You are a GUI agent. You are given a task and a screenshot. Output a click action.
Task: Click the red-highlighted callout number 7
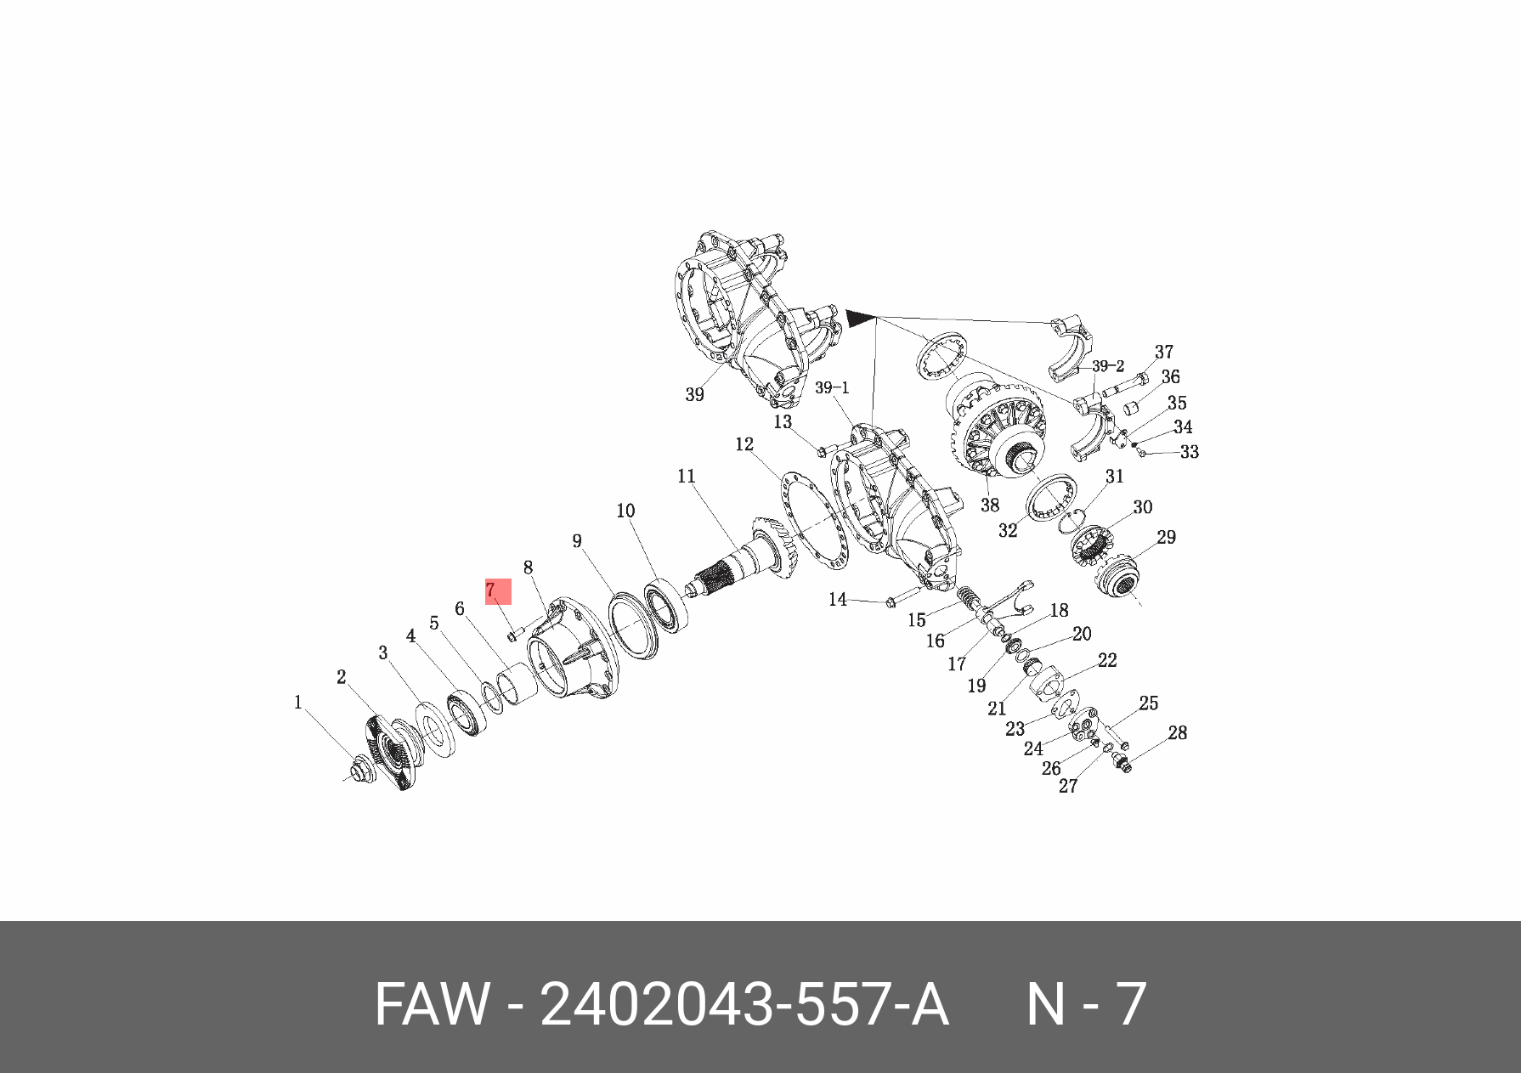click(x=498, y=591)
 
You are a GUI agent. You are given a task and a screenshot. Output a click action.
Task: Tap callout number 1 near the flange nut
click(x=298, y=703)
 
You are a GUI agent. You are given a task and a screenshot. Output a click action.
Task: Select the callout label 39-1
click(x=832, y=387)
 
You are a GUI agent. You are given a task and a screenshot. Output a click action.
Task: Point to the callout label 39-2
click(x=1107, y=366)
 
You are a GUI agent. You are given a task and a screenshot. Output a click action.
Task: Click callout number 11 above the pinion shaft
click(x=687, y=477)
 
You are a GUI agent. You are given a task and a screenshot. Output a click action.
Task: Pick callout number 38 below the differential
click(x=990, y=505)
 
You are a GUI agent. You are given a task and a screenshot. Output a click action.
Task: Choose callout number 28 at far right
click(x=1177, y=732)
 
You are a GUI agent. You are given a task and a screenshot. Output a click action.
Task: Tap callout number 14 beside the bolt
click(x=838, y=600)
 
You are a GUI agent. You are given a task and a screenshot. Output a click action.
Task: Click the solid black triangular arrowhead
click(x=859, y=319)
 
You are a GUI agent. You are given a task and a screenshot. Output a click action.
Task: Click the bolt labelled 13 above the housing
click(x=822, y=451)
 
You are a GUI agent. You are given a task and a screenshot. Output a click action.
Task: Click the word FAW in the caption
click(x=432, y=1005)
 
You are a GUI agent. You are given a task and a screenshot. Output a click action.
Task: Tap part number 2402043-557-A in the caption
click(x=744, y=1005)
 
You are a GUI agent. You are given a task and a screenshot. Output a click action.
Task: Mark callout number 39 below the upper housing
click(x=694, y=395)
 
